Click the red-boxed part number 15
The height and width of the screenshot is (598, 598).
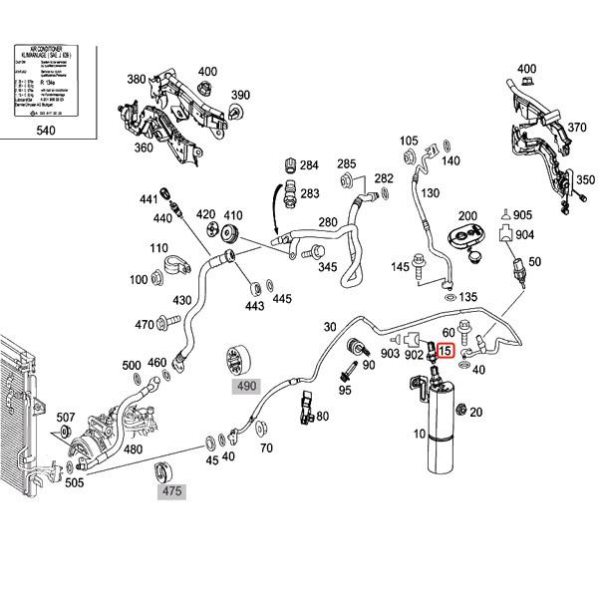point(446,350)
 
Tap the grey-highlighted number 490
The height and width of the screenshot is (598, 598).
point(245,386)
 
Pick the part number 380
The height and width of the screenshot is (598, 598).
point(136,80)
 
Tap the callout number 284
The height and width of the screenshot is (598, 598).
point(309,164)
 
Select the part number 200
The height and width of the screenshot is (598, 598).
point(467,216)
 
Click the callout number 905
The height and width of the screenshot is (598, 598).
point(523,215)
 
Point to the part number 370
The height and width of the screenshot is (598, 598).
point(577,127)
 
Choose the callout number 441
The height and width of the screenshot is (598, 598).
point(149,199)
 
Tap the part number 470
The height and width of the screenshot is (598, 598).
point(146,324)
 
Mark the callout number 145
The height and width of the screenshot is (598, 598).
point(402,266)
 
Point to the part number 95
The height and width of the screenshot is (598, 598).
point(345,390)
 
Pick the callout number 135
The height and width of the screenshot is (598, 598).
point(468,297)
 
